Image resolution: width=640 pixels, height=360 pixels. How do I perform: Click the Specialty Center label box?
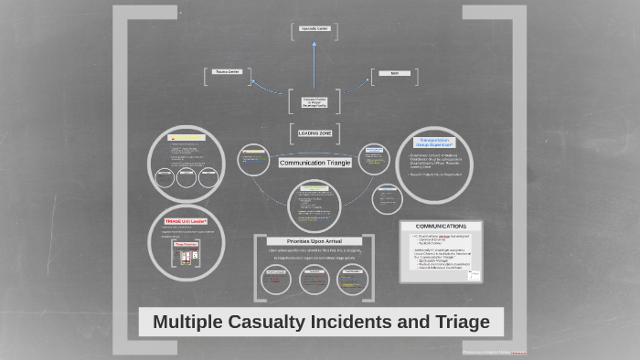coord(314,29)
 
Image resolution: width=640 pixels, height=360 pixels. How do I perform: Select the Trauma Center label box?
coord(227,71)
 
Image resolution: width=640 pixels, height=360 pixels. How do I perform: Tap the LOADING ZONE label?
coord(315,133)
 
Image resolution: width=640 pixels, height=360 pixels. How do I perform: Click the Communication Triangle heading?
coord(314,163)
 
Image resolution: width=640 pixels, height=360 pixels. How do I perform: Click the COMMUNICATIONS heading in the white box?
coord(441,226)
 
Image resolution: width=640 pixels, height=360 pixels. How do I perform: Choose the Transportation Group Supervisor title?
coord(435,143)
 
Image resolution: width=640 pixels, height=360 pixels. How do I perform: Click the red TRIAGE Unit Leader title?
coord(186,221)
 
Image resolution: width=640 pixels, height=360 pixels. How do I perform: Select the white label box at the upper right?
coord(394,72)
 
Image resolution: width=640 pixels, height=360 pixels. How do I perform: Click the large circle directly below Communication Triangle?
coord(314,203)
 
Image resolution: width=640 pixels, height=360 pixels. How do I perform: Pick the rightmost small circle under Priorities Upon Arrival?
coord(352,280)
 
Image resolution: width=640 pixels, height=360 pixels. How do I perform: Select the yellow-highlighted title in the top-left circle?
coord(186,138)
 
